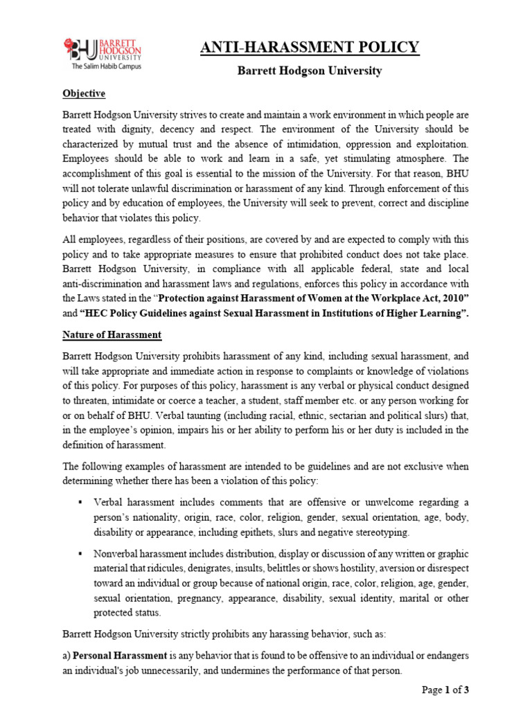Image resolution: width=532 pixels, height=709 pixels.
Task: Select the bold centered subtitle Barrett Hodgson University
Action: click(x=310, y=71)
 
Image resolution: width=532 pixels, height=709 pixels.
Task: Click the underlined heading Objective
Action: click(x=84, y=93)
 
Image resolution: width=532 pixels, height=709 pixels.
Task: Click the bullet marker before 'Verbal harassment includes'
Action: click(x=82, y=502)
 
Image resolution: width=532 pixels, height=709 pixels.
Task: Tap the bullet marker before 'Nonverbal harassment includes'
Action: click(x=82, y=555)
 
